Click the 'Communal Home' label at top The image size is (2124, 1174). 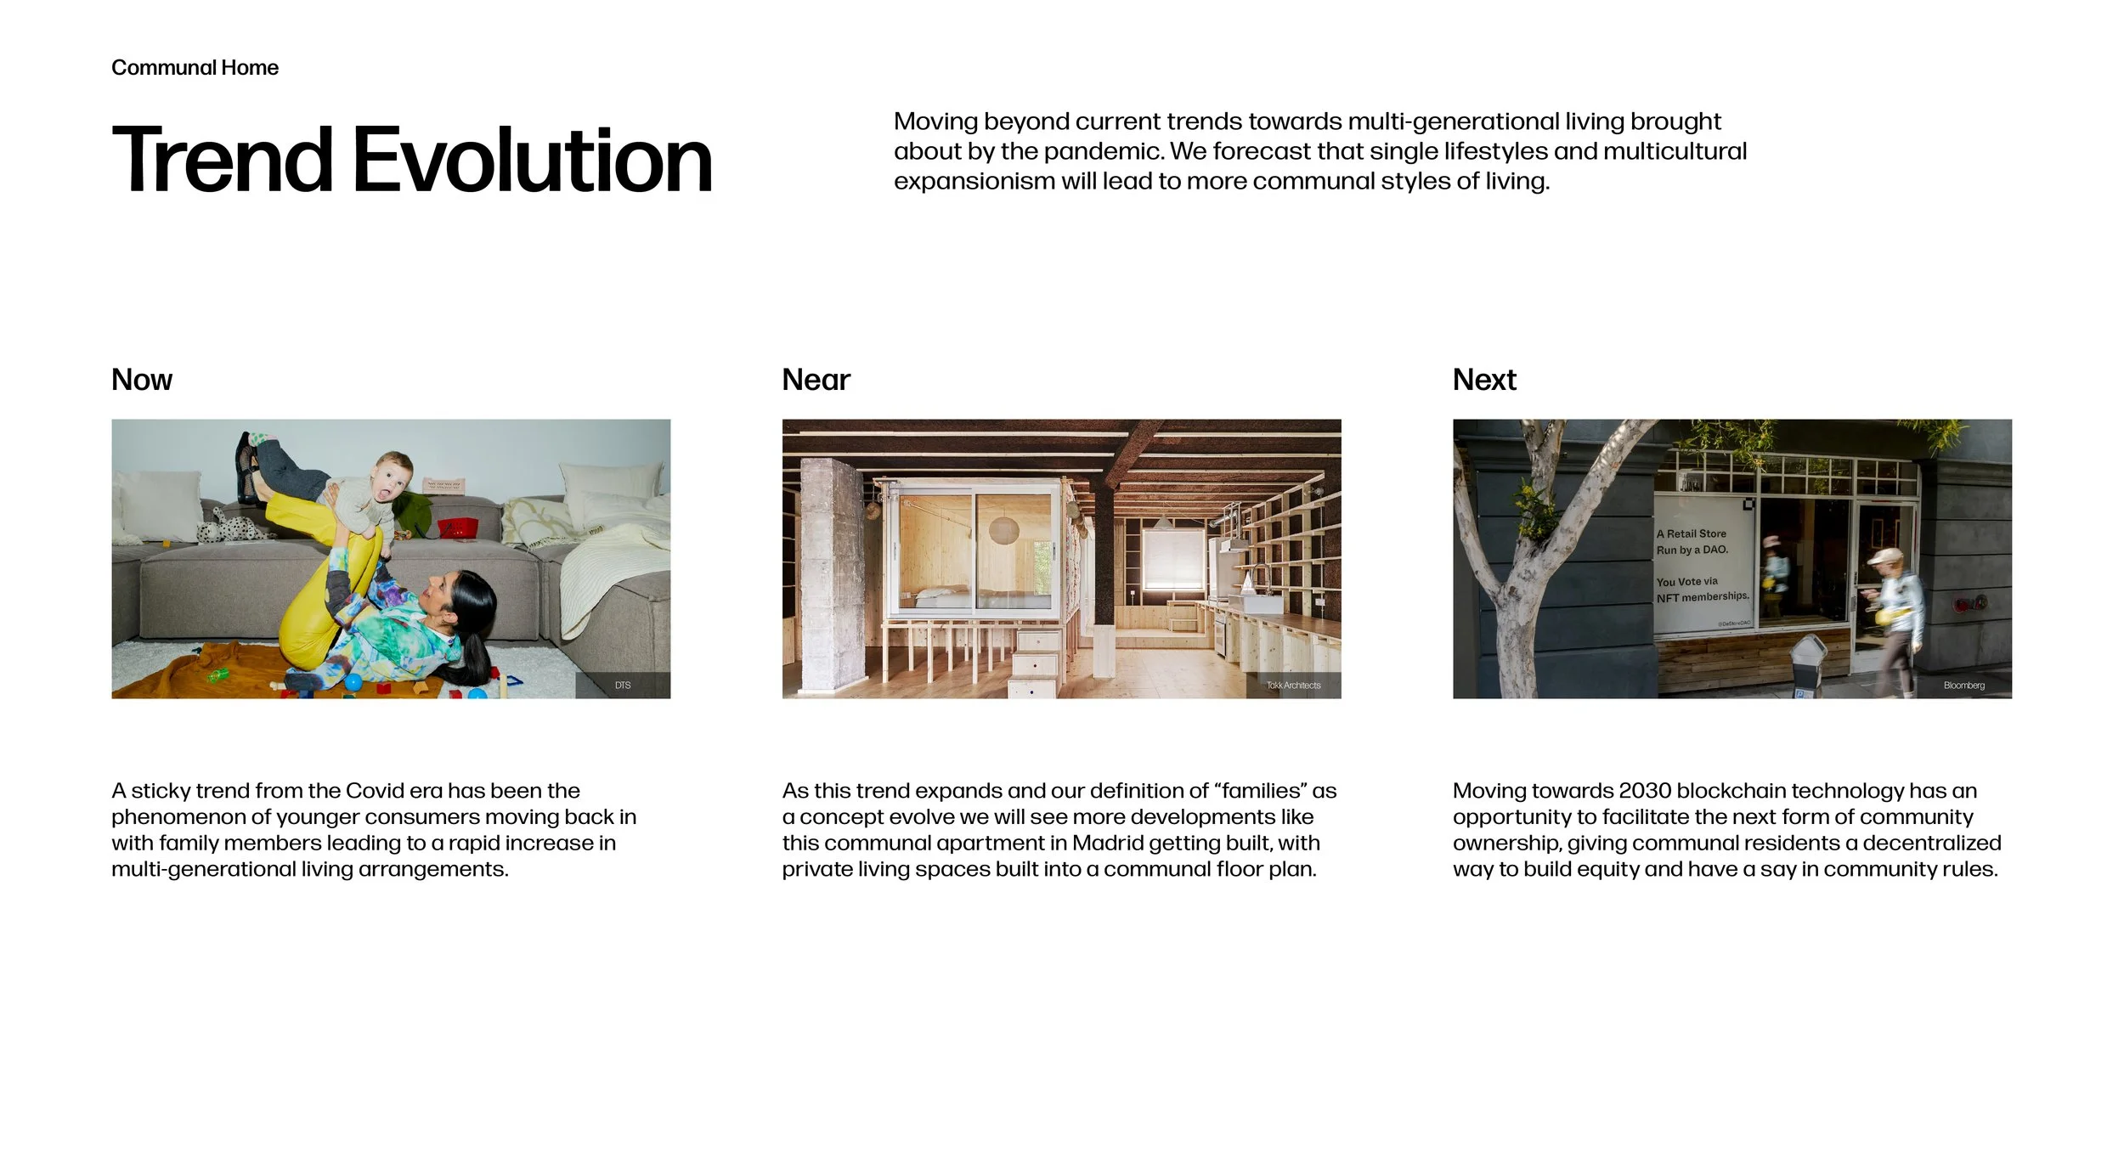195,68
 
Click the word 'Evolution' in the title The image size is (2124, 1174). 532,160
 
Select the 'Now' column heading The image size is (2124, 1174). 142,380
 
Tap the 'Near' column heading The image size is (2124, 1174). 816,380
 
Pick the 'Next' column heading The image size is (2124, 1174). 1484,380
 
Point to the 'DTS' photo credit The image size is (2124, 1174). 623,686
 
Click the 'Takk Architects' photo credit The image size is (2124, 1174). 1293,686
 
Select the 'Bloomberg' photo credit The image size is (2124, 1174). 1963,686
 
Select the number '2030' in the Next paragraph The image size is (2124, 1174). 1645,791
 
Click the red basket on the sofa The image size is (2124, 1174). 455,528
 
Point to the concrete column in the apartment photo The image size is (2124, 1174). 833,578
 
